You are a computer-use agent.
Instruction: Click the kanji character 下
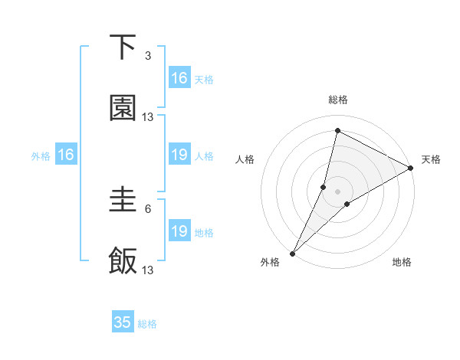pos(123,48)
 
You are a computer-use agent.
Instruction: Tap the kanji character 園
pos(123,109)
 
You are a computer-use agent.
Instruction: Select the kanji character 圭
pos(123,201)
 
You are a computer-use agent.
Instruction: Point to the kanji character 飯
pos(123,261)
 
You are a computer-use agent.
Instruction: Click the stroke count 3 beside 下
pos(148,56)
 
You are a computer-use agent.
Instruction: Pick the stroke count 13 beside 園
pos(148,117)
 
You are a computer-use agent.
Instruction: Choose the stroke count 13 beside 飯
pos(148,270)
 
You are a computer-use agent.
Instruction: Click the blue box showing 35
pos(123,322)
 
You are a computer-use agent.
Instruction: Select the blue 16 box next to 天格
pos(179,78)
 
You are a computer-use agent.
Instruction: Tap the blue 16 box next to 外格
pos(66,155)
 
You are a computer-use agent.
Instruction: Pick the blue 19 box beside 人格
pos(179,155)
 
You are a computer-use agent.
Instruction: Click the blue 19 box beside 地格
pos(179,231)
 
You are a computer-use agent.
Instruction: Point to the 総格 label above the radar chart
pos(338,100)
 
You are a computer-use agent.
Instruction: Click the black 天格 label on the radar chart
pos(431,159)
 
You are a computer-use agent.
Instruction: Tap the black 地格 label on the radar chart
pos(402,263)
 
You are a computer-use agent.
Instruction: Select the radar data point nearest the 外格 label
pos(293,253)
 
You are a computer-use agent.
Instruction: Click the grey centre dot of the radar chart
pos(338,191)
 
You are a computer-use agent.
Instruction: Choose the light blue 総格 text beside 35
pos(147,324)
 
